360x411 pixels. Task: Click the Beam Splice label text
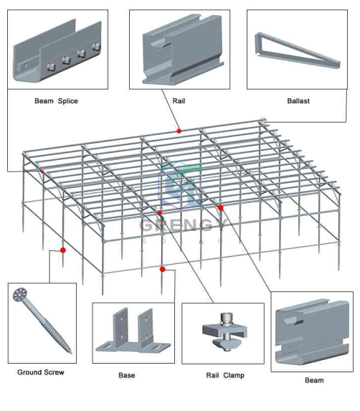(x=56, y=101)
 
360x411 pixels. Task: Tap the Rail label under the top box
(x=179, y=101)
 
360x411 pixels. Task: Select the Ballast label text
(x=298, y=101)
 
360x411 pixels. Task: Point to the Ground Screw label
(x=41, y=372)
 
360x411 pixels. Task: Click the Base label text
(x=127, y=375)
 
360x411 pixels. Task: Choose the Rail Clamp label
(x=225, y=375)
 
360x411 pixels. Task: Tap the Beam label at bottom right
(x=314, y=380)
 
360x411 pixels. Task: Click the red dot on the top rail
(x=179, y=131)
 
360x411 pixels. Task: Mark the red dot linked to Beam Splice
(x=42, y=171)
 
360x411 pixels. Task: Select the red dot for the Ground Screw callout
(x=63, y=250)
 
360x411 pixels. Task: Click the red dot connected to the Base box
(x=163, y=269)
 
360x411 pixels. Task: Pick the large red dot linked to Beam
(x=221, y=207)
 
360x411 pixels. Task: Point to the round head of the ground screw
(x=19, y=295)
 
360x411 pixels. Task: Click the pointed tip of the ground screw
(x=71, y=353)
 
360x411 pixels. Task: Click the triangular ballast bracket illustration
(x=297, y=51)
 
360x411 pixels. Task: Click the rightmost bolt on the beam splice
(x=96, y=47)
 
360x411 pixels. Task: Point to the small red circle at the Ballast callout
(x=262, y=122)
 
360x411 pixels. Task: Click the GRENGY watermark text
(x=183, y=225)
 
